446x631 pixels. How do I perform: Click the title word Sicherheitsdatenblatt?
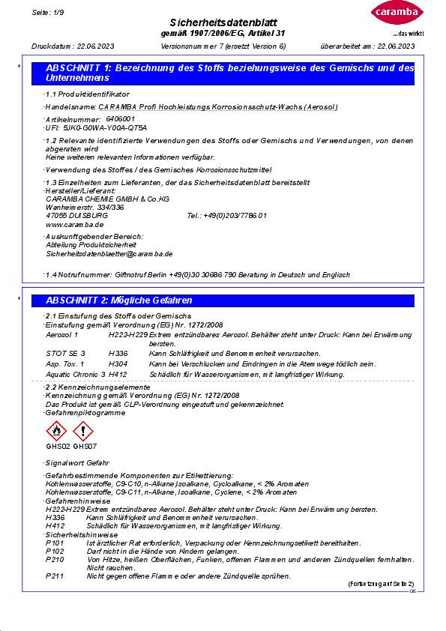[223, 24]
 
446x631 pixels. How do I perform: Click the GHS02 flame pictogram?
[56, 432]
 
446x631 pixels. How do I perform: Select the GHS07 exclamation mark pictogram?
[83, 432]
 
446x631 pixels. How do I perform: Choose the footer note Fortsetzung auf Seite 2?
[380, 583]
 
